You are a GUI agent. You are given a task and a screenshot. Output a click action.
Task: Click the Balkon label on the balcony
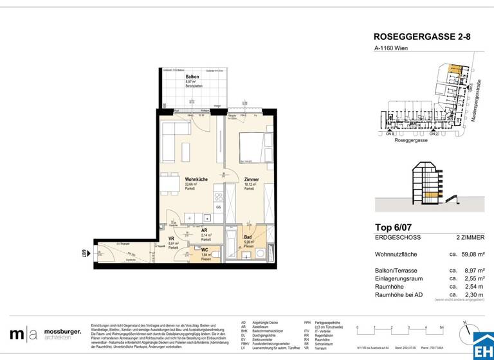point(174,76)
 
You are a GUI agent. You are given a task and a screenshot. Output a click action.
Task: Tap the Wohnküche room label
point(196,179)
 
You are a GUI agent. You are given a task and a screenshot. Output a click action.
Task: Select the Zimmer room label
point(252,179)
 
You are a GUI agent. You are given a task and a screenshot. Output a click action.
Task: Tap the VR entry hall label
point(172,239)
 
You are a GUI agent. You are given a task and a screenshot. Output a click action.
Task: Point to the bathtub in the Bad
point(231,247)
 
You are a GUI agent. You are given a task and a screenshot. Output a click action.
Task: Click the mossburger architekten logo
point(45,334)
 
